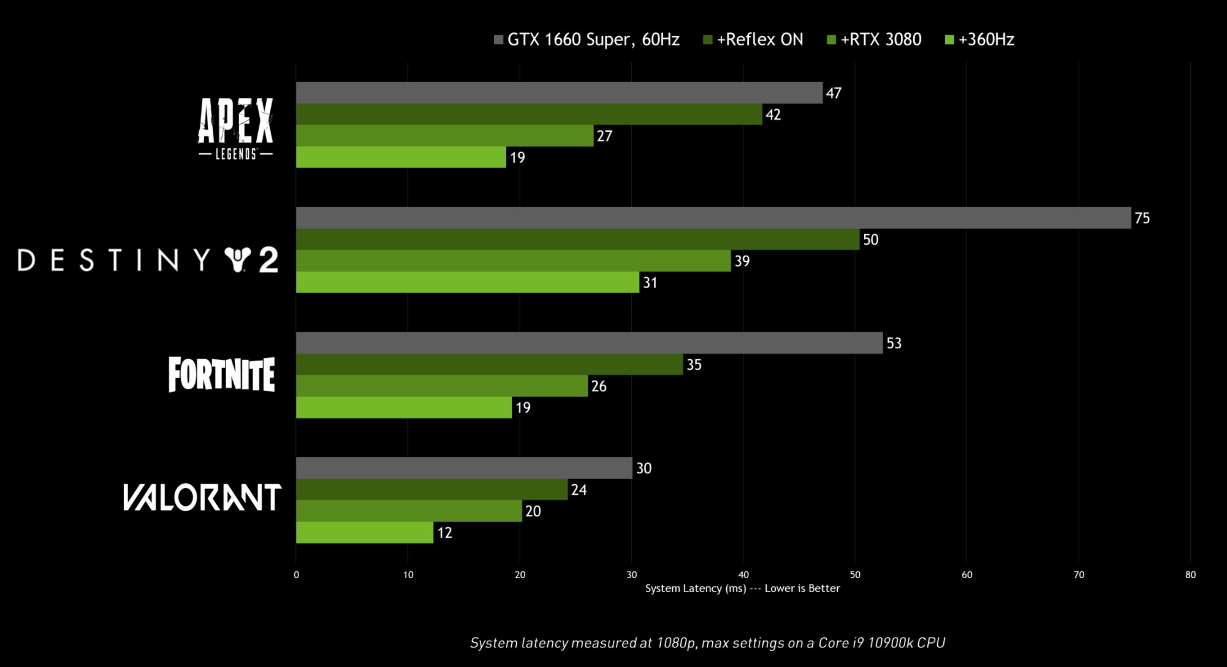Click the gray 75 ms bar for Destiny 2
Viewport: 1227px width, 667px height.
713,218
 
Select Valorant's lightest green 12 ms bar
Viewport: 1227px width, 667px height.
365,532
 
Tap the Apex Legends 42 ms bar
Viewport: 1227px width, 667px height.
528,114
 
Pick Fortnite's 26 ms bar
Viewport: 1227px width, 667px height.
441,386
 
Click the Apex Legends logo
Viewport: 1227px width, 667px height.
235,128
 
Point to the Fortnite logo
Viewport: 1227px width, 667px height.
221,374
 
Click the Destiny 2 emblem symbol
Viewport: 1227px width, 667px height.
238,260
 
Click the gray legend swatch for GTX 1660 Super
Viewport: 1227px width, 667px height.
498,40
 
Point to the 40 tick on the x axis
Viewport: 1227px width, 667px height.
743,574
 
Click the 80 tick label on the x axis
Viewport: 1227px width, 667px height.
1190,574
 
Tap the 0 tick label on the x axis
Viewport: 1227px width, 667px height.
297,574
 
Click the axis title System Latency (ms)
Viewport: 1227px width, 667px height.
695,589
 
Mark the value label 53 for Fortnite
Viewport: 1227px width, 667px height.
894,343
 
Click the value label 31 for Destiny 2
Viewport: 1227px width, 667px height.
650,283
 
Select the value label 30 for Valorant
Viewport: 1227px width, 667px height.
644,468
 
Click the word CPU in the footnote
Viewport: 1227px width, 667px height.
931,642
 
